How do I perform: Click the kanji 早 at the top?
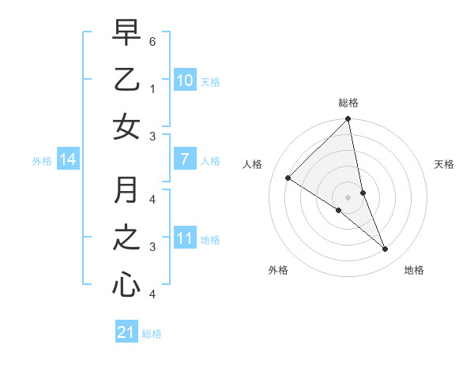point(126,35)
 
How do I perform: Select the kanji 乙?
point(126,80)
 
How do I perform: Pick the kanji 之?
point(126,238)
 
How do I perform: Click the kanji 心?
point(126,283)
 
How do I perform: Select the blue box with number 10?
point(184,80)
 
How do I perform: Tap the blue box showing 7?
point(184,159)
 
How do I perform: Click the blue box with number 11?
point(184,238)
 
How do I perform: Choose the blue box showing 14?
point(68,160)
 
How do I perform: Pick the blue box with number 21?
point(126,332)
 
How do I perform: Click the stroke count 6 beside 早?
point(152,39)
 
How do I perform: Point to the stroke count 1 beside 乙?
point(152,89)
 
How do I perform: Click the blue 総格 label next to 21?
point(152,334)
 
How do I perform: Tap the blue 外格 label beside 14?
point(42,161)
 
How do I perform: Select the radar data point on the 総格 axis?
point(348,120)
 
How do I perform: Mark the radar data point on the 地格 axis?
point(386,249)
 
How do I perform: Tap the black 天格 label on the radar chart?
point(445,164)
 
